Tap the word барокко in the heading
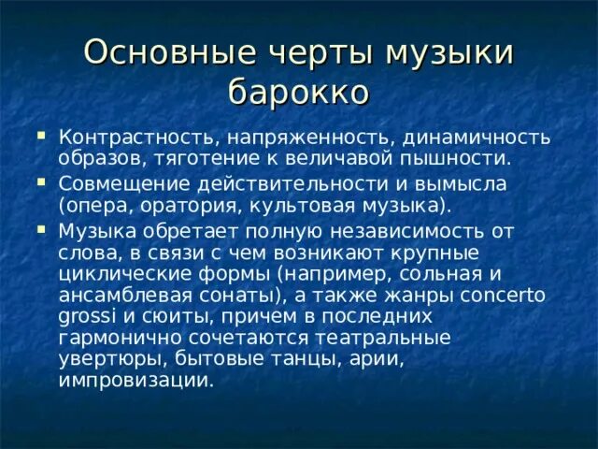(x=298, y=94)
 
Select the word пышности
(x=446, y=159)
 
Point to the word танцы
(x=263, y=361)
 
